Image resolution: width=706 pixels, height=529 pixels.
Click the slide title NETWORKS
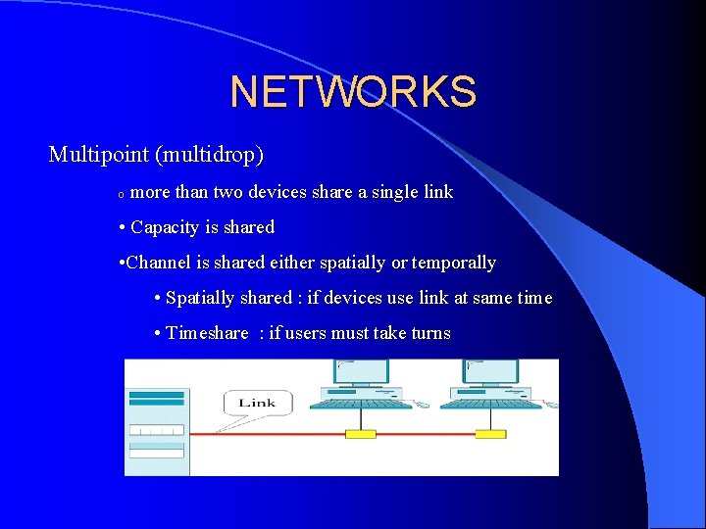[353, 92]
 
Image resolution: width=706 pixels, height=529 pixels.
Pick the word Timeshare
[207, 333]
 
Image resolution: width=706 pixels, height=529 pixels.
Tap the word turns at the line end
[430, 333]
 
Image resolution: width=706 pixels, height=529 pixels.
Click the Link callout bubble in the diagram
[257, 403]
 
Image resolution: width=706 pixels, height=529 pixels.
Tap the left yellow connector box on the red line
[360, 434]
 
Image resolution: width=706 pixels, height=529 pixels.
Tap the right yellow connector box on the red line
[489, 434]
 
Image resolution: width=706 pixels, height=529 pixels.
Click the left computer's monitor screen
[362, 372]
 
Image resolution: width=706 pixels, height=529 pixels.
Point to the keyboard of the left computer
[359, 402]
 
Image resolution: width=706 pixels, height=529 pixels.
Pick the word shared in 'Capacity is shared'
[249, 227]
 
